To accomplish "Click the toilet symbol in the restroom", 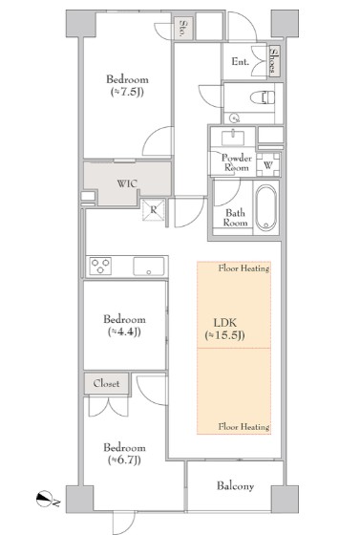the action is tap(263, 97).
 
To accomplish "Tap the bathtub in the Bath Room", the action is tap(266, 208).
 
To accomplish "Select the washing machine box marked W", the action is tap(268, 164).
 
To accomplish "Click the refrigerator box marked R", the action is tap(154, 210).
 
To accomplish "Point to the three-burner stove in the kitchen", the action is tap(100, 267).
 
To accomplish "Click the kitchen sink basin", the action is tap(149, 267).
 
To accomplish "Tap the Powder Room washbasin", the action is tap(233, 138).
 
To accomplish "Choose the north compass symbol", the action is tap(44, 499).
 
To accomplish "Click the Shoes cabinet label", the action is tap(274, 61).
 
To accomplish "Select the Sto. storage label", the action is tap(183, 29).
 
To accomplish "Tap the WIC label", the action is tap(127, 183).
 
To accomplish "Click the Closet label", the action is tap(106, 383).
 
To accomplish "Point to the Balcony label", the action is tap(236, 486).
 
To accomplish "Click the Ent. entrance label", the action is tap(241, 62).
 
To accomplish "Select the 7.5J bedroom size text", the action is tap(127, 92).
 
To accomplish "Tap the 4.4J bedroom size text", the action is tap(124, 332).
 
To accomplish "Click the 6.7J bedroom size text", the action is tap(124, 460).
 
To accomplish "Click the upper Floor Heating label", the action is tap(244, 268).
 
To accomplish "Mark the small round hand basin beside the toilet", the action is tap(235, 118).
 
